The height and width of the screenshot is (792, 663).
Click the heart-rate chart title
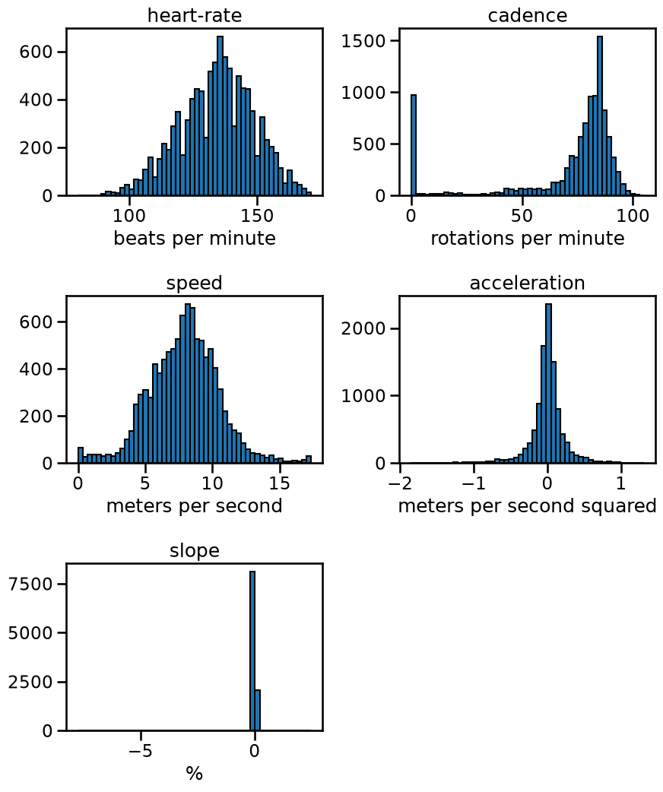point(195,15)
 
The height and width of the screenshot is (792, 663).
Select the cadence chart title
point(528,15)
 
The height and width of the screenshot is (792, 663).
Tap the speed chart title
point(195,284)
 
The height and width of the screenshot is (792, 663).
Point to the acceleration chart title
point(528,283)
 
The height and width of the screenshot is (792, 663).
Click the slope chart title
point(195,550)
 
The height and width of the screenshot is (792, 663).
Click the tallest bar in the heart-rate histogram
point(220,116)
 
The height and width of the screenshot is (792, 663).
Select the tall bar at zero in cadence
point(414,145)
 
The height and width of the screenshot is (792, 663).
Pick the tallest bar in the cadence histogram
point(600,116)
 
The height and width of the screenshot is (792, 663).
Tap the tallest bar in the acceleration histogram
point(549,383)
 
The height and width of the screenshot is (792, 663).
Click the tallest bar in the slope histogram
point(252,651)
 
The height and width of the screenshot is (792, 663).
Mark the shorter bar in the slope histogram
point(258,710)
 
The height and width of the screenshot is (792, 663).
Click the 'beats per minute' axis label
point(195,238)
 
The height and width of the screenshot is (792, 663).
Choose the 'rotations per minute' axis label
point(528,238)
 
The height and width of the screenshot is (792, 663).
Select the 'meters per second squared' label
point(528,505)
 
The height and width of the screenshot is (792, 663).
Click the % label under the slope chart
point(195,773)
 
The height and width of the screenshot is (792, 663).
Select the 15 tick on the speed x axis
point(280,483)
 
